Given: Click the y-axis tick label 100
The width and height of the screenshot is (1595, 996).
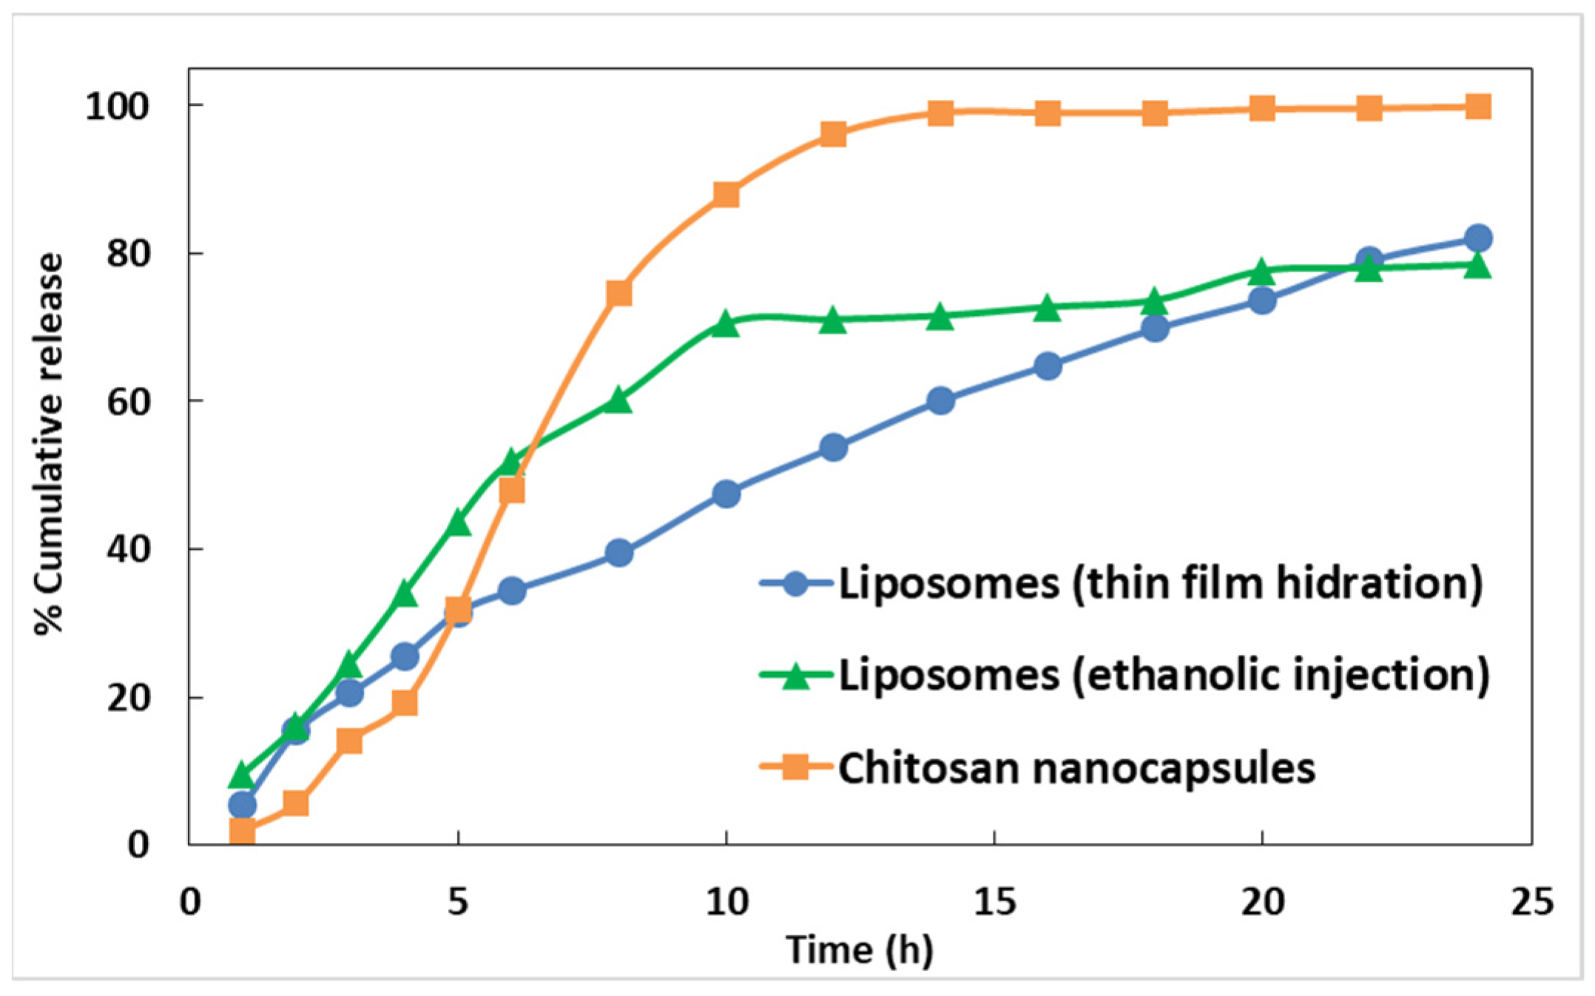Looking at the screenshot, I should (117, 107).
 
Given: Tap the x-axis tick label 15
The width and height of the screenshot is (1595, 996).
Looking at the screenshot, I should (994, 902).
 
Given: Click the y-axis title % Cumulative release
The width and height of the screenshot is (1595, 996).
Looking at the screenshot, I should (50, 444).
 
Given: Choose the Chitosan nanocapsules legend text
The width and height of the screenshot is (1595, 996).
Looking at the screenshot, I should (1076, 768).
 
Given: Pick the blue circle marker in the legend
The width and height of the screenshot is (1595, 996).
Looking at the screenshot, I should (795, 583).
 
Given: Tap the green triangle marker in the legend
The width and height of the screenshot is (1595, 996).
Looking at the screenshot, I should (795, 674).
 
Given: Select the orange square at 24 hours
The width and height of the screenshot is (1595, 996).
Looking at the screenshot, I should (1477, 107).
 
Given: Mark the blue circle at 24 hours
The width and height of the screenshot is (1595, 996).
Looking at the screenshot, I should (1477, 238).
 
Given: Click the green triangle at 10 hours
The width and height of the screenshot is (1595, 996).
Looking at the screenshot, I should (726, 323).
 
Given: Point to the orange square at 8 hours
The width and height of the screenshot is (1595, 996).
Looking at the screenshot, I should (618, 293).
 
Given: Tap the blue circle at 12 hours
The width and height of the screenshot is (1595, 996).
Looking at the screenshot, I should (833, 447).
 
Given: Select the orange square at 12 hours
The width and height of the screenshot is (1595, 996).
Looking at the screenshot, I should (833, 134).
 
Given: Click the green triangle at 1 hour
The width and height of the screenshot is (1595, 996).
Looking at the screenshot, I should (242, 775).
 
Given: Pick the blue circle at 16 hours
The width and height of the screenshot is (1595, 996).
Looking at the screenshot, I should (1048, 366).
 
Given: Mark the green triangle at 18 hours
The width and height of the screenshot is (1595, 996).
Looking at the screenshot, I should (1155, 302).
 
